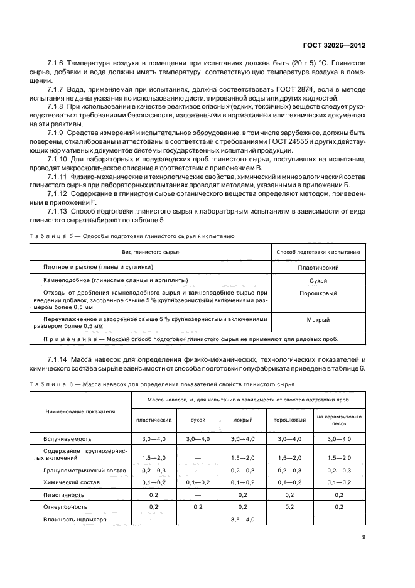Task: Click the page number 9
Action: point(364,536)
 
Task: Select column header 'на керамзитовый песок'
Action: point(338,420)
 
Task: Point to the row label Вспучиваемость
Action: point(63,438)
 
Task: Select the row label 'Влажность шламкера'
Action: point(75,520)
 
